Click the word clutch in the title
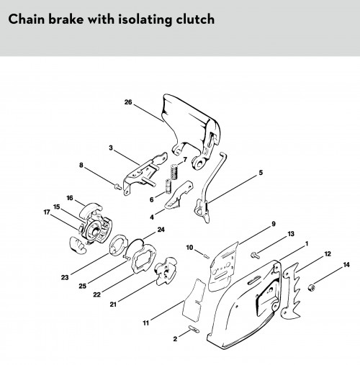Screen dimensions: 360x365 tap(195, 19)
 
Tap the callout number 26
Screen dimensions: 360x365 tap(128, 102)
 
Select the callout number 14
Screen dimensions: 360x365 tap(346, 265)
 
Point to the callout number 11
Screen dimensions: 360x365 tap(146, 323)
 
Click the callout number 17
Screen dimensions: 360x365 tap(47, 212)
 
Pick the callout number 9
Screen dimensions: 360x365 tap(274, 224)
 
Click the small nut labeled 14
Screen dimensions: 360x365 tap(311, 287)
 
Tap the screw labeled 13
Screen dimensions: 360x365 tap(255, 256)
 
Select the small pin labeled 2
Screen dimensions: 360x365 tap(194, 329)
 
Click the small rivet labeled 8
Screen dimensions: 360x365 tap(117, 186)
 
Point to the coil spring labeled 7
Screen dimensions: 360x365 tap(174, 171)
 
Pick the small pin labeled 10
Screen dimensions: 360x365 tap(207, 256)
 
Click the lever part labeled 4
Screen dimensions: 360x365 tap(179, 195)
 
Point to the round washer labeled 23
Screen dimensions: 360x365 tap(117, 245)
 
